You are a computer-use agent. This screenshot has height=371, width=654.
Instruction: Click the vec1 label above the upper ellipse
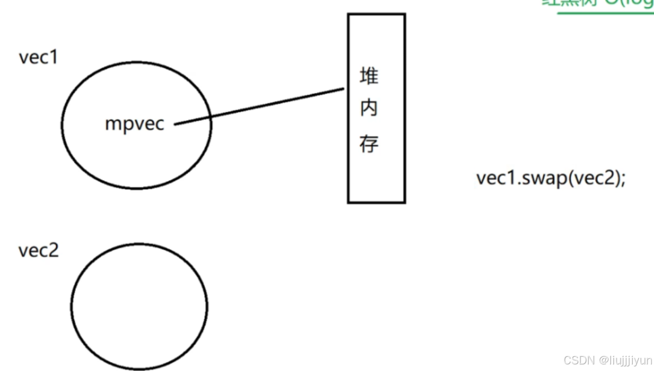[38, 58]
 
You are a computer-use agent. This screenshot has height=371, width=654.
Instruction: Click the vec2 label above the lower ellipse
[38, 251]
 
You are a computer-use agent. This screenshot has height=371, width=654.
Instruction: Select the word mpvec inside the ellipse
[135, 124]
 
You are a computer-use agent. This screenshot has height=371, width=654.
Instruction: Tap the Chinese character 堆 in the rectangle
[369, 77]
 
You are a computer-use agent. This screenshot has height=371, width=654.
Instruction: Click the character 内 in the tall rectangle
[369, 109]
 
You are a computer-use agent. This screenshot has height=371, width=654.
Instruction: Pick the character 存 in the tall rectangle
[369, 144]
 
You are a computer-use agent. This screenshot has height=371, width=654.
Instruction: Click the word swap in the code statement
[542, 179]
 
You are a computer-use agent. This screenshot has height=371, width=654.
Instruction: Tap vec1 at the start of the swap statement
[494, 179]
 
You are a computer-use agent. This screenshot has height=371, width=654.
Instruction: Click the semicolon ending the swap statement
[622, 180]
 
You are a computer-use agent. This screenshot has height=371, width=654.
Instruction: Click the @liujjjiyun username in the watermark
[625, 360]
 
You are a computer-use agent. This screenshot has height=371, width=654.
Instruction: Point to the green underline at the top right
[605, 12]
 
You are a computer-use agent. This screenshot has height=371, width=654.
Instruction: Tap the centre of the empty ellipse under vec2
[139, 306]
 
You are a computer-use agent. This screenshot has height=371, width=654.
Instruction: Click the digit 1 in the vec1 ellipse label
[54, 58]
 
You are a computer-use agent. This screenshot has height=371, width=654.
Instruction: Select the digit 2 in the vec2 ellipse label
[54, 251]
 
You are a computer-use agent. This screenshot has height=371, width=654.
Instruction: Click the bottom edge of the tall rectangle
[376, 202]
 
